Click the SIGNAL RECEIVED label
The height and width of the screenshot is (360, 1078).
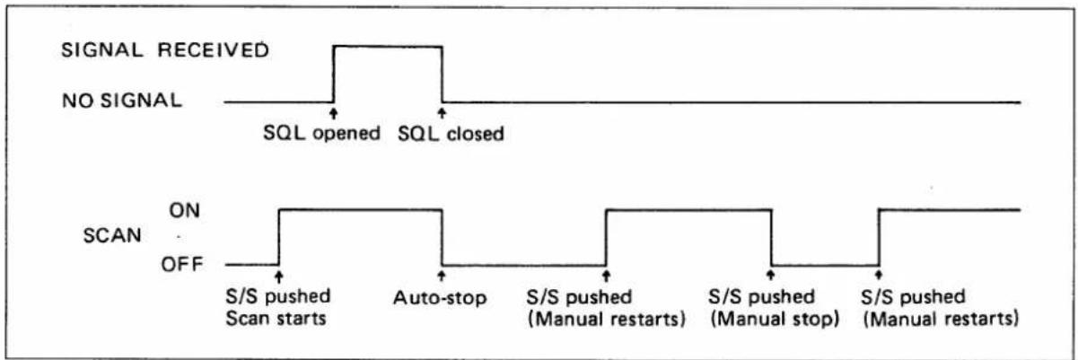pyautogui.click(x=165, y=50)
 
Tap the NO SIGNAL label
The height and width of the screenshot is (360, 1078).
pyautogui.click(x=122, y=101)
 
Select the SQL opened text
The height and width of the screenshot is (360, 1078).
pyautogui.click(x=321, y=133)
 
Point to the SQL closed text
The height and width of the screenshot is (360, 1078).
pyautogui.click(x=451, y=133)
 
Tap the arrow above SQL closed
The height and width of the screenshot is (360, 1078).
pyautogui.click(x=442, y=114)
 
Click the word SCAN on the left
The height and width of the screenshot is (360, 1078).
pyautogui.click(x=112, y=236)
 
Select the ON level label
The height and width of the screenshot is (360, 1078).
pyautogui.click(x=184, y=210)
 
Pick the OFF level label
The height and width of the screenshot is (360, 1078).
pyautogui.click(x=182, y=264)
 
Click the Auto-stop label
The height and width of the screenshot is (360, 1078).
pyautogui.click(x=440, y=298)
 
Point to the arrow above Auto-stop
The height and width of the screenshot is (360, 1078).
pyautogui.click(x=442, y=276)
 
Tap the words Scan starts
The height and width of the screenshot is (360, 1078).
pyautogui.click(x=276, y=319)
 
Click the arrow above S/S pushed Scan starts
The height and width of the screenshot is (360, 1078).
pyautogui.click(x=278, y=276)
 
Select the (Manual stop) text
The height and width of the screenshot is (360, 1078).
pyautogui.click(x=775, y=319)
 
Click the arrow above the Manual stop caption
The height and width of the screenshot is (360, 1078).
pyautogui.click(x=771, y=276)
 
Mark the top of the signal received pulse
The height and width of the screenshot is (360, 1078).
pyautogui.click(x=388, y=46)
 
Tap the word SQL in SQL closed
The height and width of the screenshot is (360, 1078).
pyautogui.click(x=418, y=133)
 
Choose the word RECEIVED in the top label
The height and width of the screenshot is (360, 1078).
pyautogui.click(x=214, y=50)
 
